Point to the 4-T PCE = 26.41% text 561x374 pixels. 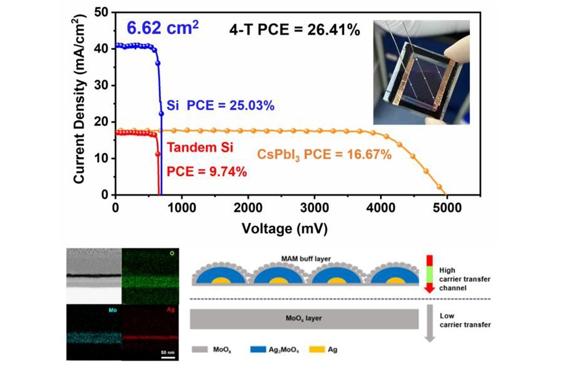(295, 30)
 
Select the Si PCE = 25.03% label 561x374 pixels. (221, 105)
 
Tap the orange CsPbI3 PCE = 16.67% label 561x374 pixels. (324, 154)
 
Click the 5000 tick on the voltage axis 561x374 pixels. (447, 208)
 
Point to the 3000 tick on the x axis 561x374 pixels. (314, 208)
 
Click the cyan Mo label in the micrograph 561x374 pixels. (114, 309)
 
